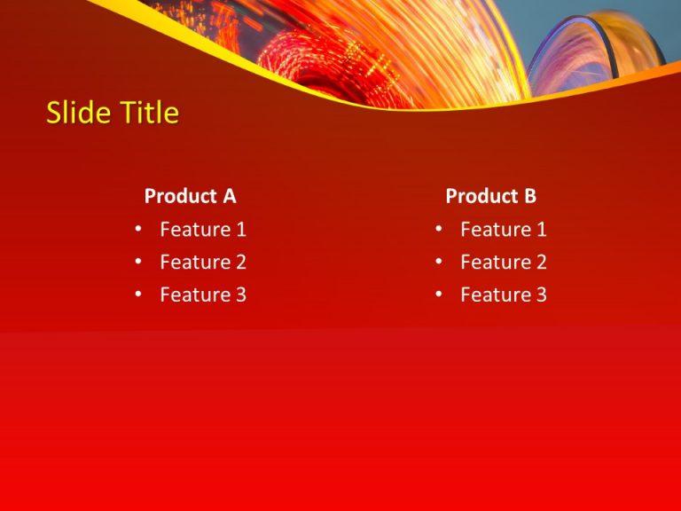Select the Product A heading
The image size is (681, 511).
coord(190,196)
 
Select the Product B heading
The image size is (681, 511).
coord(490,196)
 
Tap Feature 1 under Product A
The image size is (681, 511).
coord(202,230)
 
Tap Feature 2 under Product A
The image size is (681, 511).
coord(202,263)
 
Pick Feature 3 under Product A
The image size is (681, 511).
coord(202,295)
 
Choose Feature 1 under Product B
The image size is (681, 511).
coord(503,230)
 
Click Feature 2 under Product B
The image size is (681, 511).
coord(503,263)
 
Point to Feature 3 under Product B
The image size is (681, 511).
coord(503,295)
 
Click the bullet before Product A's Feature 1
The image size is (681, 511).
coord(138,230)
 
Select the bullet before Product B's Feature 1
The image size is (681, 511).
coord(439,230)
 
